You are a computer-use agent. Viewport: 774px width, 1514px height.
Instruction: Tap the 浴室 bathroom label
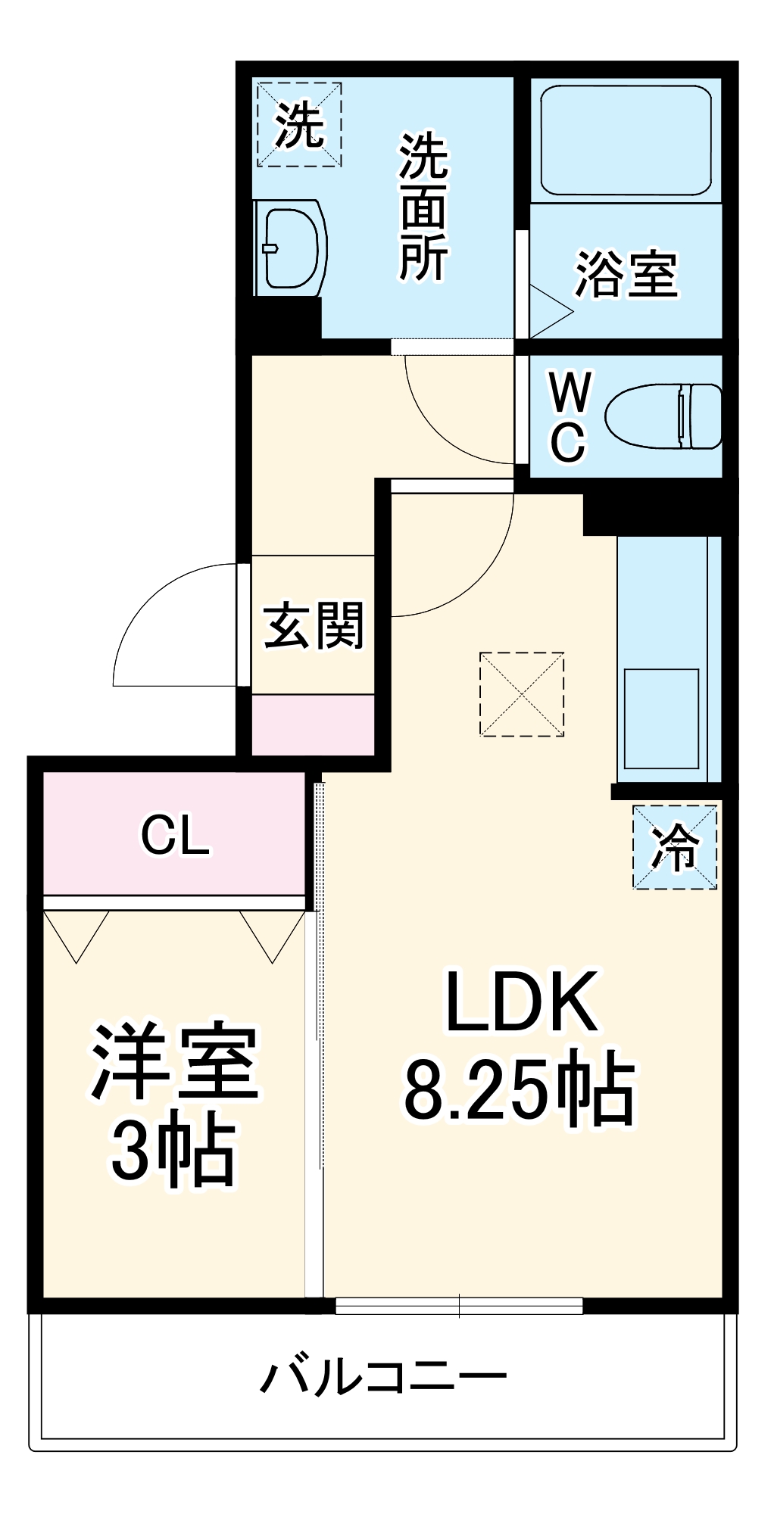(626, 273)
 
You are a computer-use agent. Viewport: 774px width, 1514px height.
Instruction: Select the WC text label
(569, 416)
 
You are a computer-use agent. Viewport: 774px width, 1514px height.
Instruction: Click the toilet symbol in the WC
(663, 416)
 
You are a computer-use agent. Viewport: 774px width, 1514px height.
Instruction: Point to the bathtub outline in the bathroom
(626, 140)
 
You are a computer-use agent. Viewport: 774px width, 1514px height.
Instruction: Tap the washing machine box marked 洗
(299, 125)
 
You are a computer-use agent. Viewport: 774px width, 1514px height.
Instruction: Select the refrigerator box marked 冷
(675, 846)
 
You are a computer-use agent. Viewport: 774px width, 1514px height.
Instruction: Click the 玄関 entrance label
(314, 625)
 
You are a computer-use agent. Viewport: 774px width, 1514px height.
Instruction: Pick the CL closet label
(175, 835)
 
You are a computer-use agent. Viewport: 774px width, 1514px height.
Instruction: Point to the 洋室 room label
(175, 1061)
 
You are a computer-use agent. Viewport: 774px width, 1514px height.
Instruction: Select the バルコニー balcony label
(383, 1376)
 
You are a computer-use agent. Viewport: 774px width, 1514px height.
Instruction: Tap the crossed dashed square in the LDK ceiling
(522, 694)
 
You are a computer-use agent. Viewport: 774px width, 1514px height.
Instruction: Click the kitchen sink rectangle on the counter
(661, 718)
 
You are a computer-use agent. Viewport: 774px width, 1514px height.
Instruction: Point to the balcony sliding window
(459, 1305)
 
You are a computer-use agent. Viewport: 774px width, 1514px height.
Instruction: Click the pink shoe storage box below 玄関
(313, 724)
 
